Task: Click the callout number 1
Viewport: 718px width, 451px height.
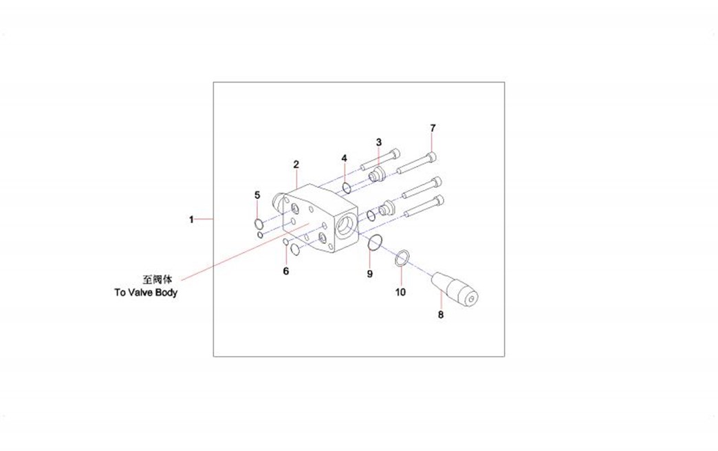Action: [x=191, y=220]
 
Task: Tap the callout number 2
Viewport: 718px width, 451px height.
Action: [x=296, y=164]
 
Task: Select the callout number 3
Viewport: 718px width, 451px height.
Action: [x=379, y=142]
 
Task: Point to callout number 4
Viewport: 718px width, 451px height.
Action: [x=345, y=158]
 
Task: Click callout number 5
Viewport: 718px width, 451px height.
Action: [x=257, y=196]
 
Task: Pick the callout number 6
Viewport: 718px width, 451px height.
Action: [x=285, y=271]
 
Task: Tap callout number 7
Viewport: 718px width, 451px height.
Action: [x=433, y=128]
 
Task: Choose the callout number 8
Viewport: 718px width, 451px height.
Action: [x=441, y=315]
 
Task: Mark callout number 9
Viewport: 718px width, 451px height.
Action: [x=370, y=273]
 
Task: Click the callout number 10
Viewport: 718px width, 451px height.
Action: [x=400, y=292]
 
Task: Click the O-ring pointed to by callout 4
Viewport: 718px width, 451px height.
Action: [x=347, y=187]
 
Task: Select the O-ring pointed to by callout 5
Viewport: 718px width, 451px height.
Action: [x=259, y=224]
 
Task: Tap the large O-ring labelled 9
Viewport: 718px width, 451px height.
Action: [x=375, y=236]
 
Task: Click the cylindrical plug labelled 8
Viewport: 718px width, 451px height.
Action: [x=455, y=288]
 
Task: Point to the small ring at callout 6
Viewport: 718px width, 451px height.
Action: [x=285, y=242]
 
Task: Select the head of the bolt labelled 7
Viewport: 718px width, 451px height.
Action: [x=433, y=157]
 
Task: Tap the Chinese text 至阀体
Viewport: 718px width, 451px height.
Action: [x=157, y=280]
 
